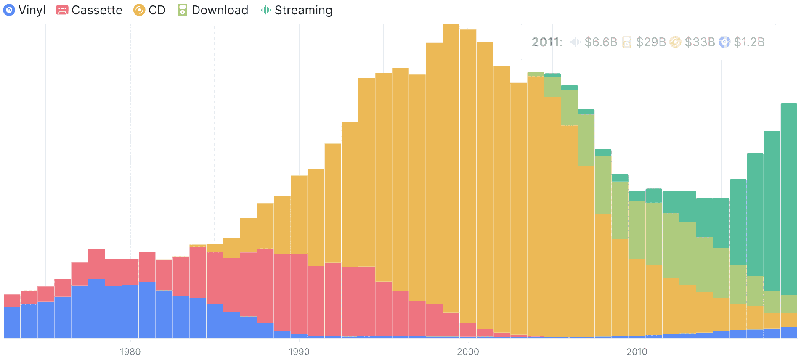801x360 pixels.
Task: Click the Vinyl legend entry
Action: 24,10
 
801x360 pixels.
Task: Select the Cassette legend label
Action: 89,10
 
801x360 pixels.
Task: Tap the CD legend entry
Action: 149,10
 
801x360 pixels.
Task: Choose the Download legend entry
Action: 213,10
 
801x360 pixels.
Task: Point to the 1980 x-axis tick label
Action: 130,352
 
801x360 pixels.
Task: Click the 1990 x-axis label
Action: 299,352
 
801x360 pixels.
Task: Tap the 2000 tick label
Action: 468,352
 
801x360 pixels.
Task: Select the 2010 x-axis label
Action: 637,352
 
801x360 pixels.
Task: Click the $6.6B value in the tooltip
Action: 600,42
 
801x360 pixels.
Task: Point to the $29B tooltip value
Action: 650,42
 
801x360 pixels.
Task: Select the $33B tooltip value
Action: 699,42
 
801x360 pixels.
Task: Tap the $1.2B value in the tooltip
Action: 749,42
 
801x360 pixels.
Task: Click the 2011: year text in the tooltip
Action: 546,42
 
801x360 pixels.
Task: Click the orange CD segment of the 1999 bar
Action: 451,168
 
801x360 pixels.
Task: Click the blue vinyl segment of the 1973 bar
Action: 12,322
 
